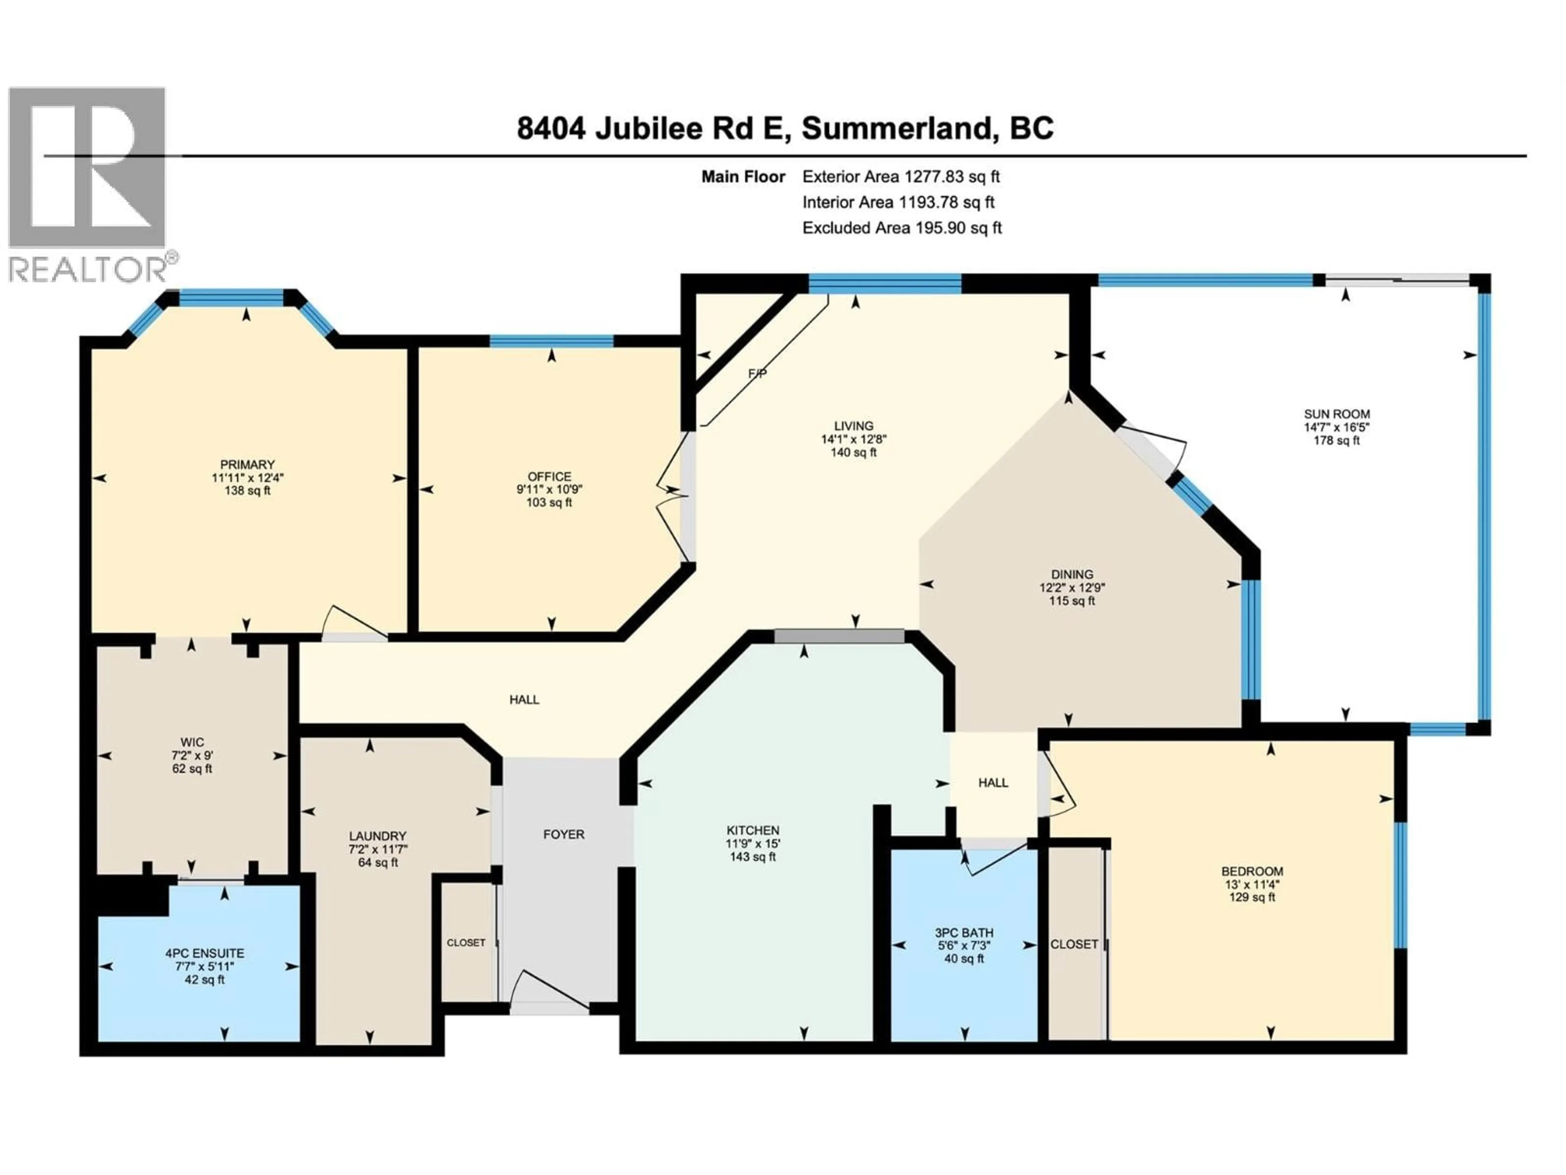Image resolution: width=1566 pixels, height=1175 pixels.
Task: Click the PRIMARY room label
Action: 247,465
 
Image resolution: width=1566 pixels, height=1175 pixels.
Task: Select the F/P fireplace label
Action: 757,373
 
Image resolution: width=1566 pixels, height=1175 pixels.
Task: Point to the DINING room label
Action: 1072,574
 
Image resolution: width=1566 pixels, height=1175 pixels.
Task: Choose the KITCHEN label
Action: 752,830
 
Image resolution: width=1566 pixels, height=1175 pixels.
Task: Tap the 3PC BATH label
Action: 964,933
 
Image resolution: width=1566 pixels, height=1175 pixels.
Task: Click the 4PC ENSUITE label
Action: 205,953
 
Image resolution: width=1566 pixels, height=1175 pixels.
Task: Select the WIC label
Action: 192,742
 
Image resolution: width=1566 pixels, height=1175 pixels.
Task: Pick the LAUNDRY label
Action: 377,836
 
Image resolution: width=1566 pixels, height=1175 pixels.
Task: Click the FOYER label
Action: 564,834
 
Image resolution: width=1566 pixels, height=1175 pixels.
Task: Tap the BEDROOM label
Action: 1252,871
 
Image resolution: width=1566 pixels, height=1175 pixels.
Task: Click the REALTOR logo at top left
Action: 88,184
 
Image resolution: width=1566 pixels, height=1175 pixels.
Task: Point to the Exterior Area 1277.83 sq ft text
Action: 900,176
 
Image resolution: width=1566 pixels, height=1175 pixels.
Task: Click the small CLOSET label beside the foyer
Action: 466,943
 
